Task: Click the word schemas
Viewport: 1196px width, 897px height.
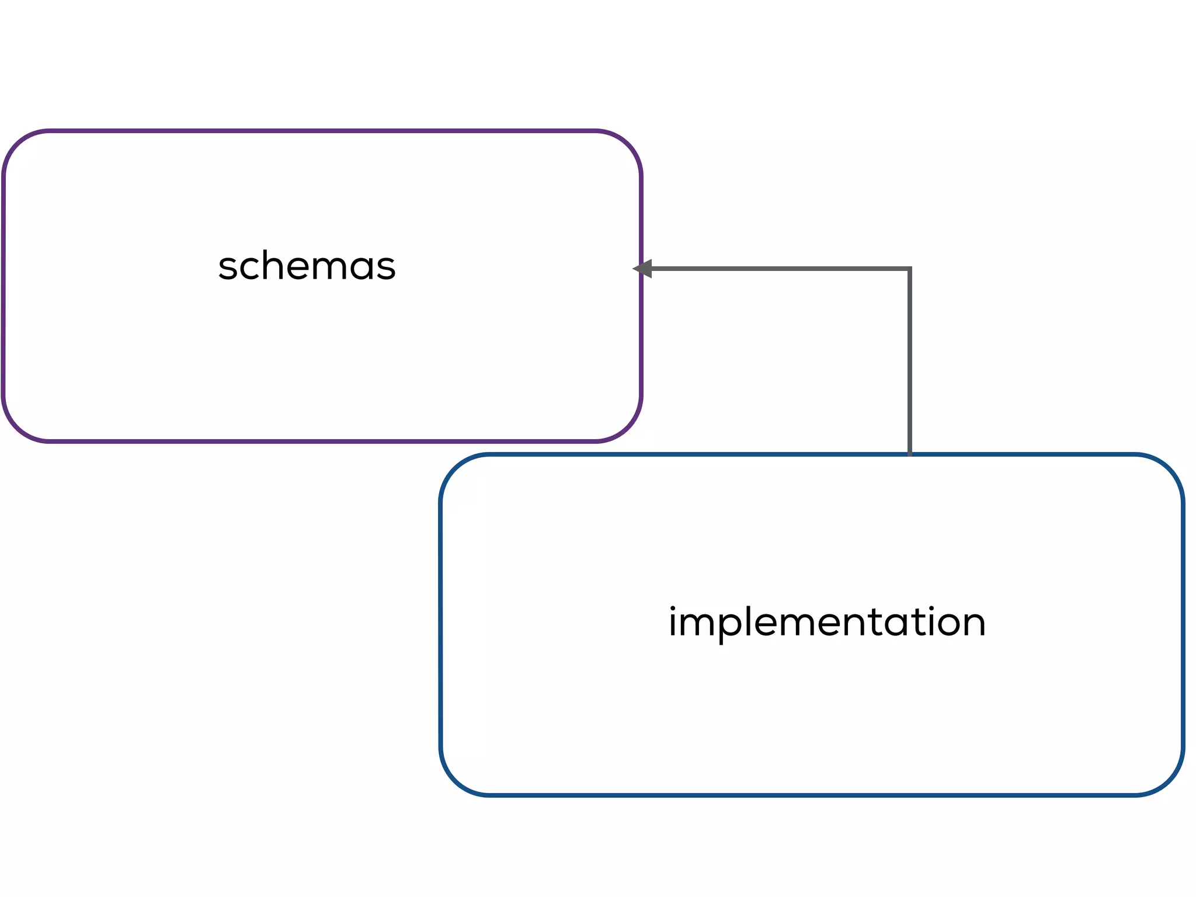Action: point(307,266)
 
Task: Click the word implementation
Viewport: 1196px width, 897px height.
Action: point(827,622)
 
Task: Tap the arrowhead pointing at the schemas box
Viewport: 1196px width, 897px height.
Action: point(643,269)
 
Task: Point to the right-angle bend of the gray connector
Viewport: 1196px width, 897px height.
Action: point(909,269)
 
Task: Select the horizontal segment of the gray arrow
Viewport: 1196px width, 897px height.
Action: point(777,269)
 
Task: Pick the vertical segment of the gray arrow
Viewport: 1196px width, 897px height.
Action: point(909,362)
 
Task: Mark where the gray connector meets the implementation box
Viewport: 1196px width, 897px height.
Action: point(909,454)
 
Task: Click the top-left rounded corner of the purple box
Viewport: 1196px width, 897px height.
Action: point(18,144)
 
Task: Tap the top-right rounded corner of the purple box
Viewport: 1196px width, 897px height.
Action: point(627,144)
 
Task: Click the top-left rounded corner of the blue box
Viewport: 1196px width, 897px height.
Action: point(455,468)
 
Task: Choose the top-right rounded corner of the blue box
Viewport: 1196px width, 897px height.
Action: point(1169,468)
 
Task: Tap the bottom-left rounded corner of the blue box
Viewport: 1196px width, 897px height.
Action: point(455,781)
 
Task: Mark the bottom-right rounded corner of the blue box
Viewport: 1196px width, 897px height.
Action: point(1169,781)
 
